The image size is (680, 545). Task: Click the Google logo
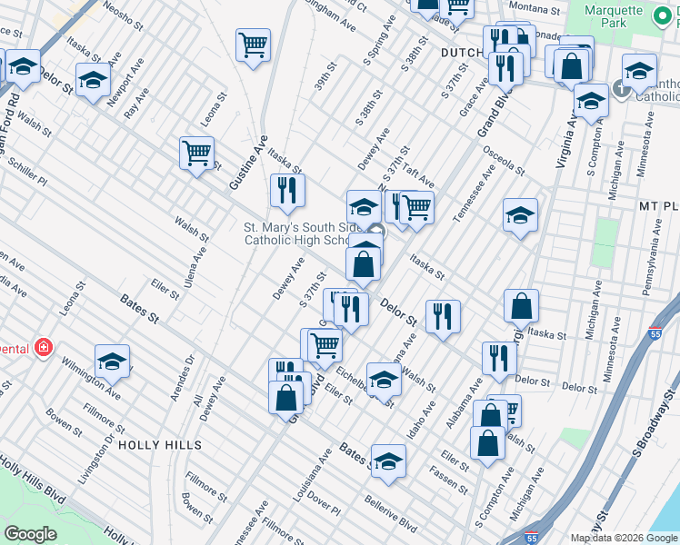pos(30,534)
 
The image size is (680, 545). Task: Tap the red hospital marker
pos(42,347)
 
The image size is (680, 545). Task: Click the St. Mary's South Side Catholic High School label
pos(295,233)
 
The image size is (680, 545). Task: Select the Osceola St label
pos(505,159)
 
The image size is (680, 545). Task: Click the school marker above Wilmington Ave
pos(112,362)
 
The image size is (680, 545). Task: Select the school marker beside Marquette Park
pos(639,71)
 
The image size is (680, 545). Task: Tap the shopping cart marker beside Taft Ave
pos(416,207)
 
